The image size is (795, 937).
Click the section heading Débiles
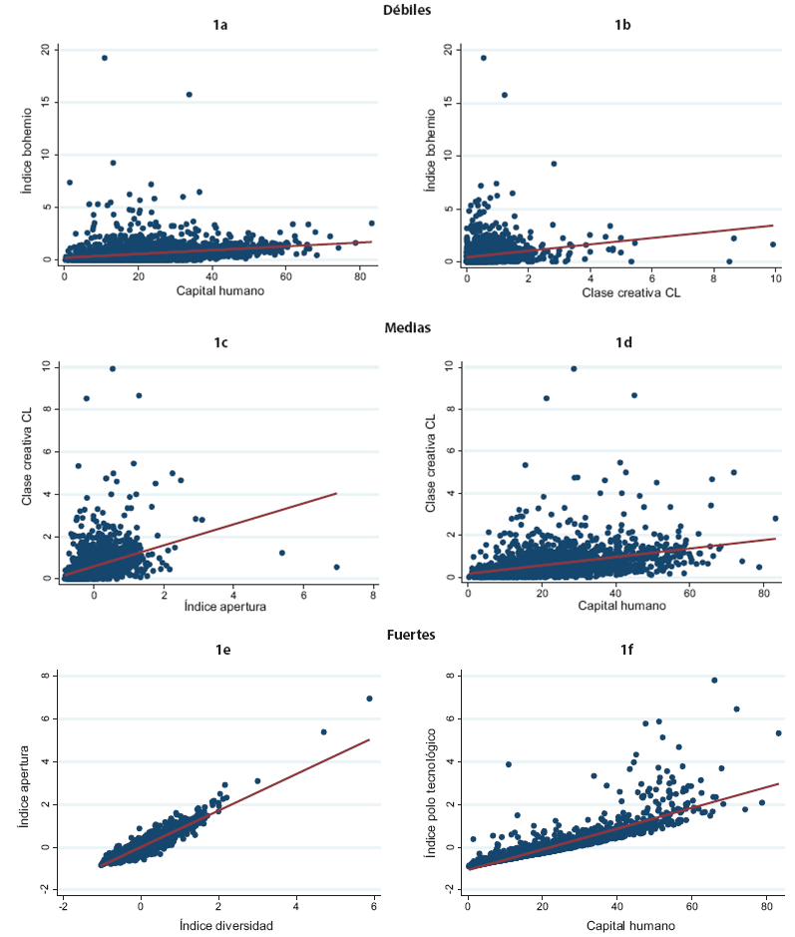coord(406,9)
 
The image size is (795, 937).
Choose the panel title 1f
coord(622,651)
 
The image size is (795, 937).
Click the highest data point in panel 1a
coord(104,58)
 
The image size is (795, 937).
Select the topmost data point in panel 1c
coord(113,368)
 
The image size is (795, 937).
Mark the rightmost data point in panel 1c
coord(336,567)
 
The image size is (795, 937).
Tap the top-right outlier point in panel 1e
coord(369,699)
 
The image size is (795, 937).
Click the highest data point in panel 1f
coord(714,681)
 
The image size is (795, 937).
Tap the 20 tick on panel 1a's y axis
coord(45,49)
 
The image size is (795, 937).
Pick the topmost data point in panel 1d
coord(574,368)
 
